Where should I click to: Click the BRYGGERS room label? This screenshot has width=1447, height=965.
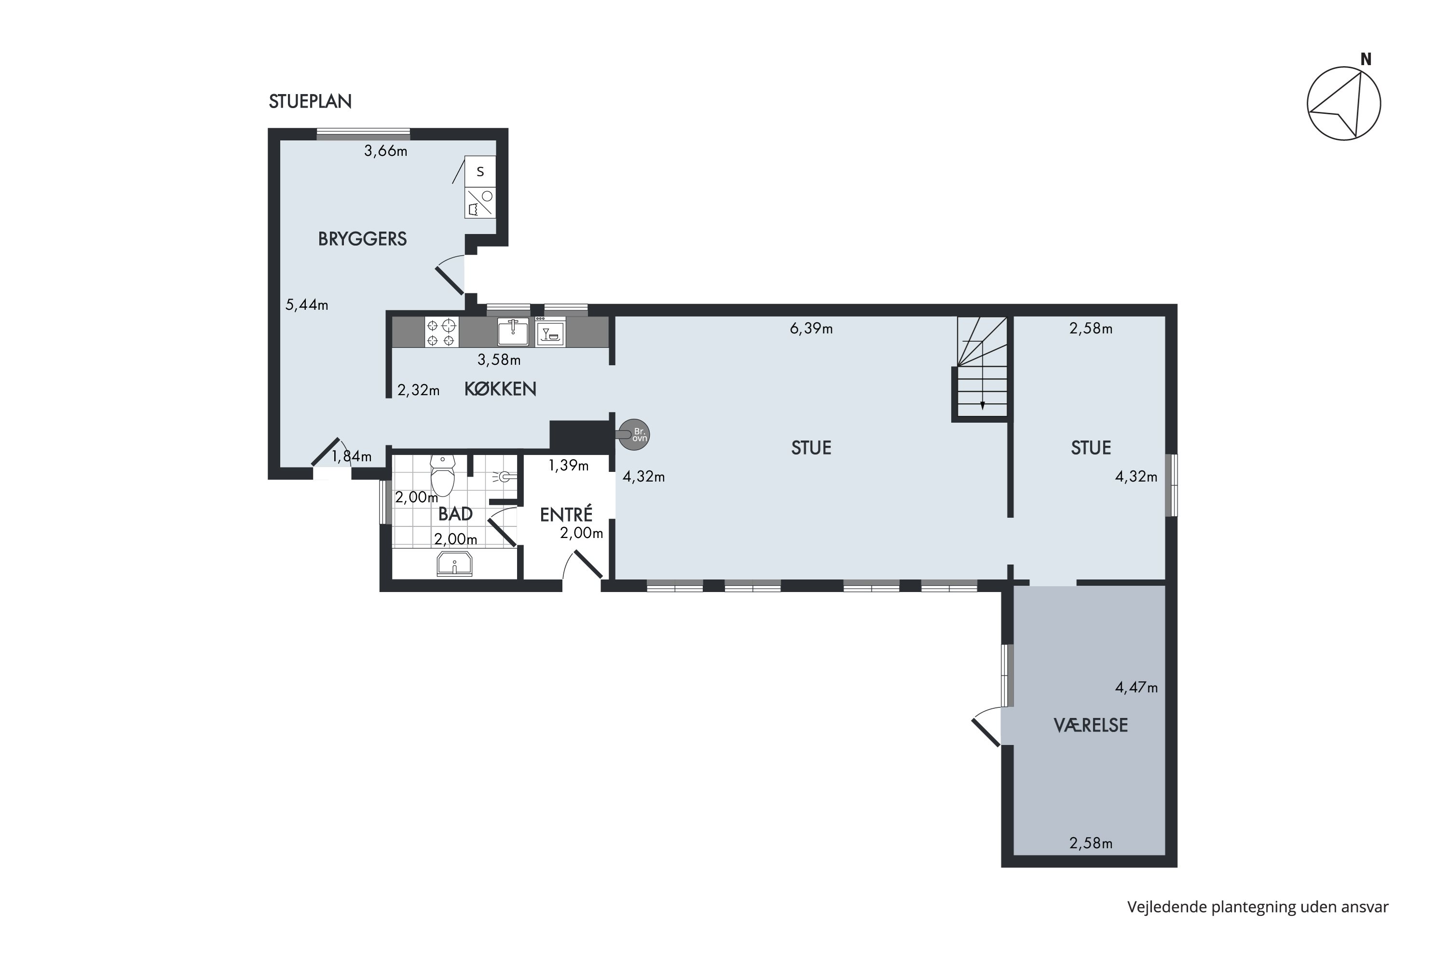pyautogui.click(x=362, y=239)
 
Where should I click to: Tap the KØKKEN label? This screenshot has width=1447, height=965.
pyautogui.click(x=500, y=389)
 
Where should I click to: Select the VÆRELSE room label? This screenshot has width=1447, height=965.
pyautogui.click(x=1091, y=725)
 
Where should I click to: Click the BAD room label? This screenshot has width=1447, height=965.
pyautogui.click(x=455, y=513)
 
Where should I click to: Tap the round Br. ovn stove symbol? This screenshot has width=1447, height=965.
pyautogui.click(x=634, y=435)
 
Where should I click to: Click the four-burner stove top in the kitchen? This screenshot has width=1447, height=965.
pyautogui.click(x=442, y=332)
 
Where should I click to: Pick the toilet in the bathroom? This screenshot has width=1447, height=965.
pyautogui.click(x=442, y=475)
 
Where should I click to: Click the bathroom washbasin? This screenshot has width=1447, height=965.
pyautogui.click(x=455, y=564)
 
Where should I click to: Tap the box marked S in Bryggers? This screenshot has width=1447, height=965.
pyautogui.click(x=480, y=172)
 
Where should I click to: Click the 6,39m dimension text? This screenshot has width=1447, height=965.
pyautogui.click(x=811, y=329)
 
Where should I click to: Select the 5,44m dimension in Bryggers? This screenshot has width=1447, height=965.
pyautogui.click(x=306, y=304)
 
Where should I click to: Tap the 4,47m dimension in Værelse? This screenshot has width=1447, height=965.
pyautogui.click(x=1136, y=688)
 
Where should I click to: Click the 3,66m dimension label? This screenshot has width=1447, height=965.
pyautogui.click(x=386, y=151)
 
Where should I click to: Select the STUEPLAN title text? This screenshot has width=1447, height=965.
pyautogui.click(x=310, y=101)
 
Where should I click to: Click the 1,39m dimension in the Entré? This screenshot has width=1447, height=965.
pyautogui.click(x=569, y=465)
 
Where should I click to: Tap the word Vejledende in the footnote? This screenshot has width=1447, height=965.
pyautogui.click(x=1166, y=907)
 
